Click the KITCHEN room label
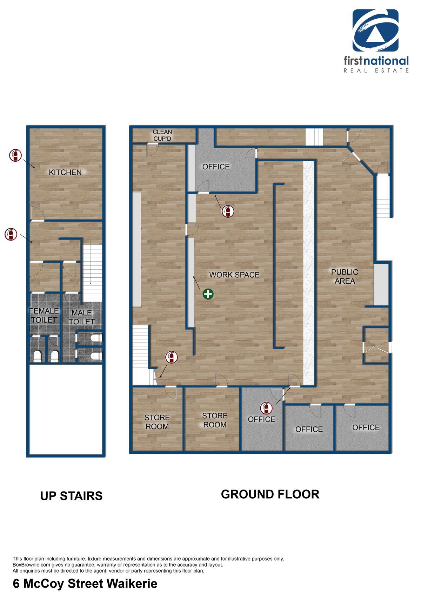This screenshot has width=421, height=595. point(65,173)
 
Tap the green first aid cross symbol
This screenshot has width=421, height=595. point(208,294)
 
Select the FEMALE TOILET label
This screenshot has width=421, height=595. point(44,315)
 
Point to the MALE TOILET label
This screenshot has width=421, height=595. point(82,317)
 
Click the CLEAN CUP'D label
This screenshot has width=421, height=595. point(162,135)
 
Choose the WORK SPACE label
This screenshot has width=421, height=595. point(234,275)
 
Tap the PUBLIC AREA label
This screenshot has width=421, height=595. point(345,277)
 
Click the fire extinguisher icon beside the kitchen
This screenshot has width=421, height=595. point(15,155)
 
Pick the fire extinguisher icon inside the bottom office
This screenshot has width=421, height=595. point(266,408)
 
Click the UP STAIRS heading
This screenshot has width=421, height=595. point(71,496)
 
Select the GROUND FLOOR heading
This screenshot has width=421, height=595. point(270,494)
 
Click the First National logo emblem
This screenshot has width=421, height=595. point(375,30)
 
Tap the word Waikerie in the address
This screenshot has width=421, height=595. point(132,583)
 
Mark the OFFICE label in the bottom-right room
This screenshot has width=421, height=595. point(366,427)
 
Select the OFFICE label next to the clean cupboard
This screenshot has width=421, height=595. point(216,167)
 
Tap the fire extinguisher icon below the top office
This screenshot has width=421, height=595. point(228,211)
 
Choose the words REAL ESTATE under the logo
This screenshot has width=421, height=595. point(376,71)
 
